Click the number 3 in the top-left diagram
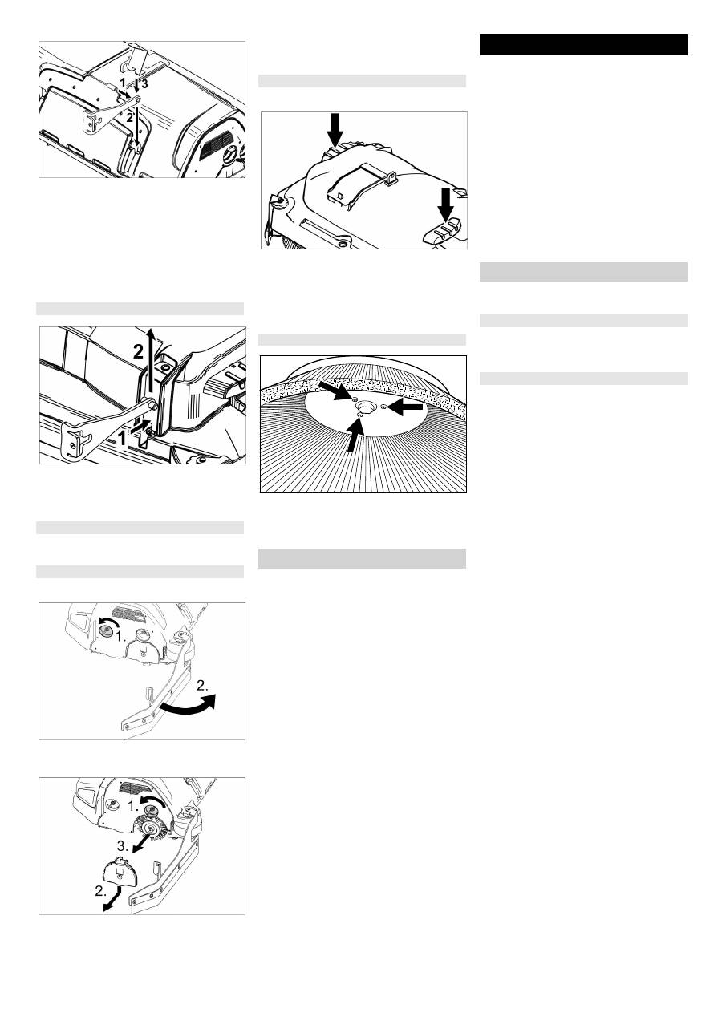(144, 84)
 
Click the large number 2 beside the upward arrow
(139, 351)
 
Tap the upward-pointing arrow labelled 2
(152, 362)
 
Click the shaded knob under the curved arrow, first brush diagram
(106, 630)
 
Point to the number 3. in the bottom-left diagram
(123, 846)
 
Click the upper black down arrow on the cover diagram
(335, 129)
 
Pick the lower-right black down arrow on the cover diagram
(445, 205)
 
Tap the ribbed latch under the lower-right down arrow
(443, 229)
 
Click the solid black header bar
(583, 45)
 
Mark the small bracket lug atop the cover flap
(389, 176)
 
